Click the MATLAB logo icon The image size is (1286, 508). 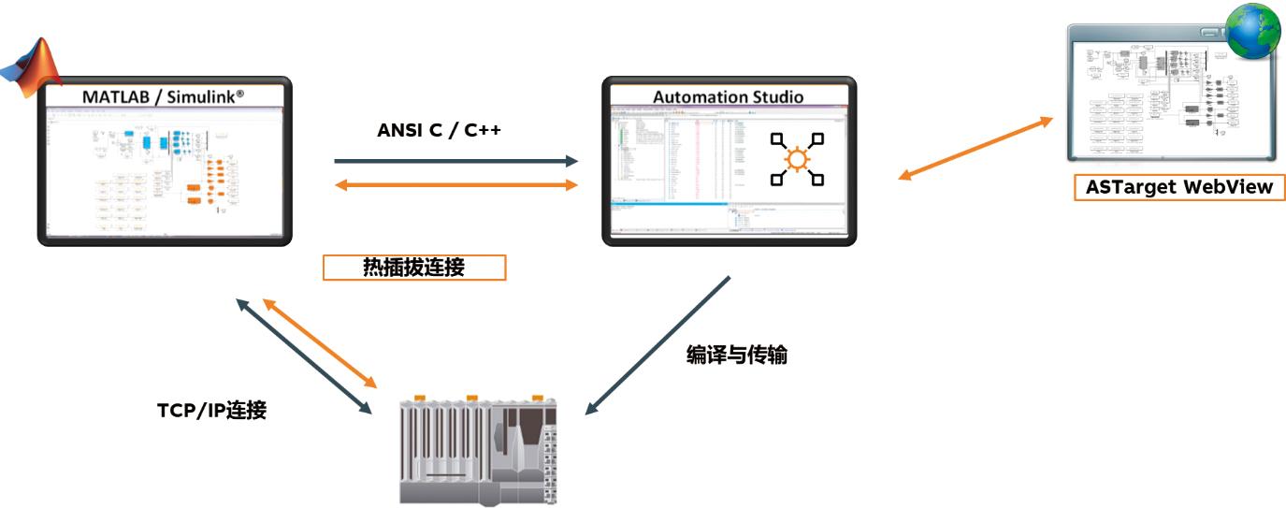pyautogui.click(x=32, y=66)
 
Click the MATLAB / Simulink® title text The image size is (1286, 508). pyautogui.click(x=164, y=96)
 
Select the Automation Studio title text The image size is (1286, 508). pyautogui.click(x=729, y=96)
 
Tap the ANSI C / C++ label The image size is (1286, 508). pyautogui.click(x=440, y=130)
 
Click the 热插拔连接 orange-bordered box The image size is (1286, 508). pyautogui.click(x=413, y=268)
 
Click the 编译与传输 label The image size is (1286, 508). pyautogui.click(x=737, y=356)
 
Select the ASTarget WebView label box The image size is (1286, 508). pyautogui.click(x=1179, y=187)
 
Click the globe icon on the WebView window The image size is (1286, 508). pyautogui.click(x=1253, y=32)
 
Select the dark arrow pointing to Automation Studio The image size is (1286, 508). pyautogui.click(x=456, y=161)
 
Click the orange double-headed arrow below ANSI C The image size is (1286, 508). pyautogui.click(x=456, y=184)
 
